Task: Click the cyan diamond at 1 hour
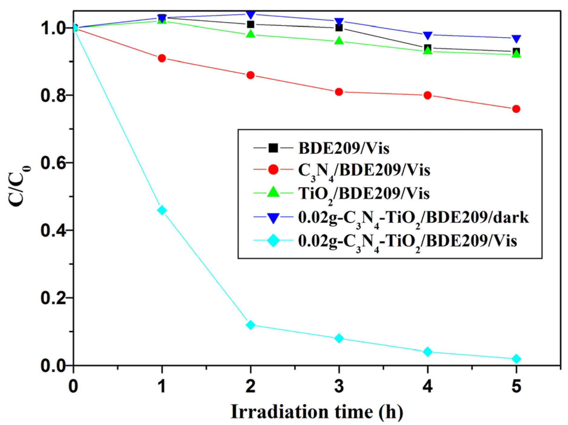coord(162,210)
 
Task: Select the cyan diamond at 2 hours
coord(251,325)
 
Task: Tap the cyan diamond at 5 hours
coord(516,359)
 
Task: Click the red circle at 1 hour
coord(162,58)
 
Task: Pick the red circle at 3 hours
coord(339,92)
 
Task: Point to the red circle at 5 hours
coord(516,109)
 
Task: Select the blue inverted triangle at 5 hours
coord(516,39)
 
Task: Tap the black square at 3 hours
coord(339,28)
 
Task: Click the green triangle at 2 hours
coord(251,34)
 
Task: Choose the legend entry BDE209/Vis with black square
coord(343,148)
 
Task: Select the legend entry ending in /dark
coord(413,218)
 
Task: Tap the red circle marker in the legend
coord(273,170)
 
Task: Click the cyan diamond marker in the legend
coord(273,241)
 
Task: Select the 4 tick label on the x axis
coord(427,387)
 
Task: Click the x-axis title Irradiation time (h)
coord(317,412)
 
